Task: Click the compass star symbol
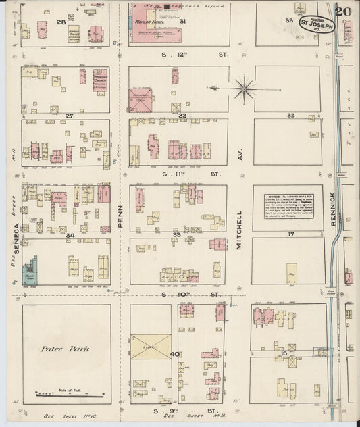pyautogui.click(x=242, y=88)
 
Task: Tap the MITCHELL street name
pyautogui.click(x=240, y=230)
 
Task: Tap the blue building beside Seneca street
pyautogui.click(x=30, y=272)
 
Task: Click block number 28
pyautogui.click(x=61, y=22)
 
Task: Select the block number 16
pyautogui.click(x=284, y=353)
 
